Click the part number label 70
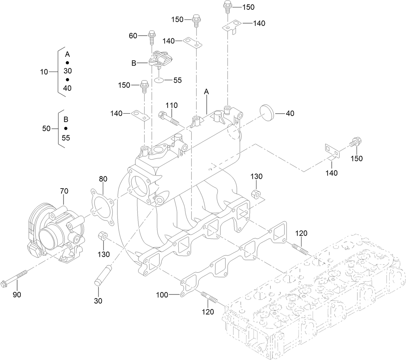tap(64, 191)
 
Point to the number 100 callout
tap(162, 295)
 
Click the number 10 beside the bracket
tap(44, 72)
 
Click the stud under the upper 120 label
tap(301, 250)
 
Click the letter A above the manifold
tap(206, 92)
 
